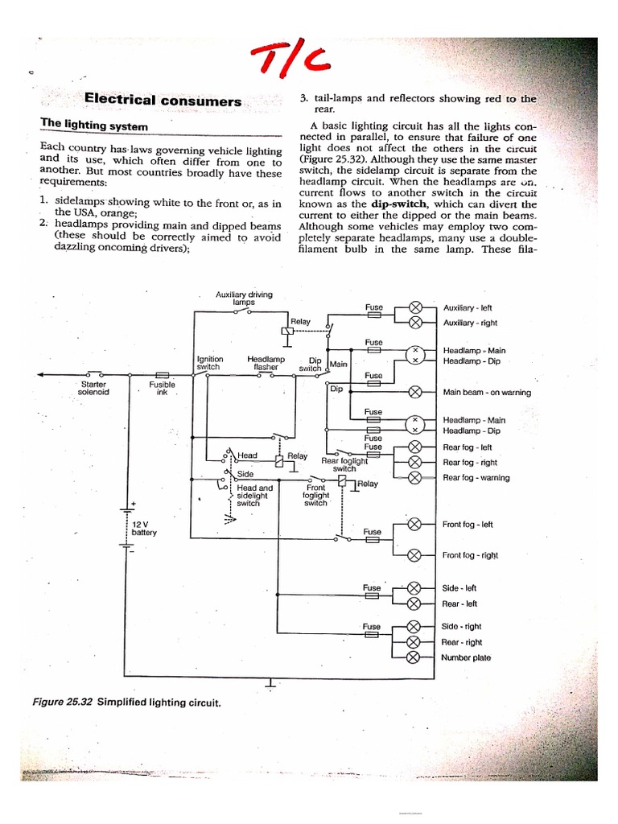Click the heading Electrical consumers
[163, 101]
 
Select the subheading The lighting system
[94, 126]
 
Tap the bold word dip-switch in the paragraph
[384, 204]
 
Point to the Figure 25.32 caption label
[63, 702]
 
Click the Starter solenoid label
[93, 389]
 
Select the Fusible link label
[162, 389]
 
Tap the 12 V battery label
[144, 528]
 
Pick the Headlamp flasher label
[266, 362]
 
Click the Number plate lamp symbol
[415, 657]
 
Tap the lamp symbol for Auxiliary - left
[415, 307]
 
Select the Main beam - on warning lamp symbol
[415, 393]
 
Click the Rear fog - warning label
[476, 478]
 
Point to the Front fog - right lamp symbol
[415, 555]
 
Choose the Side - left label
[459, 588]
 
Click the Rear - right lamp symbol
[415, 642]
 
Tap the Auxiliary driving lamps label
[244, 298]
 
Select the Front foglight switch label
[315, 495]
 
